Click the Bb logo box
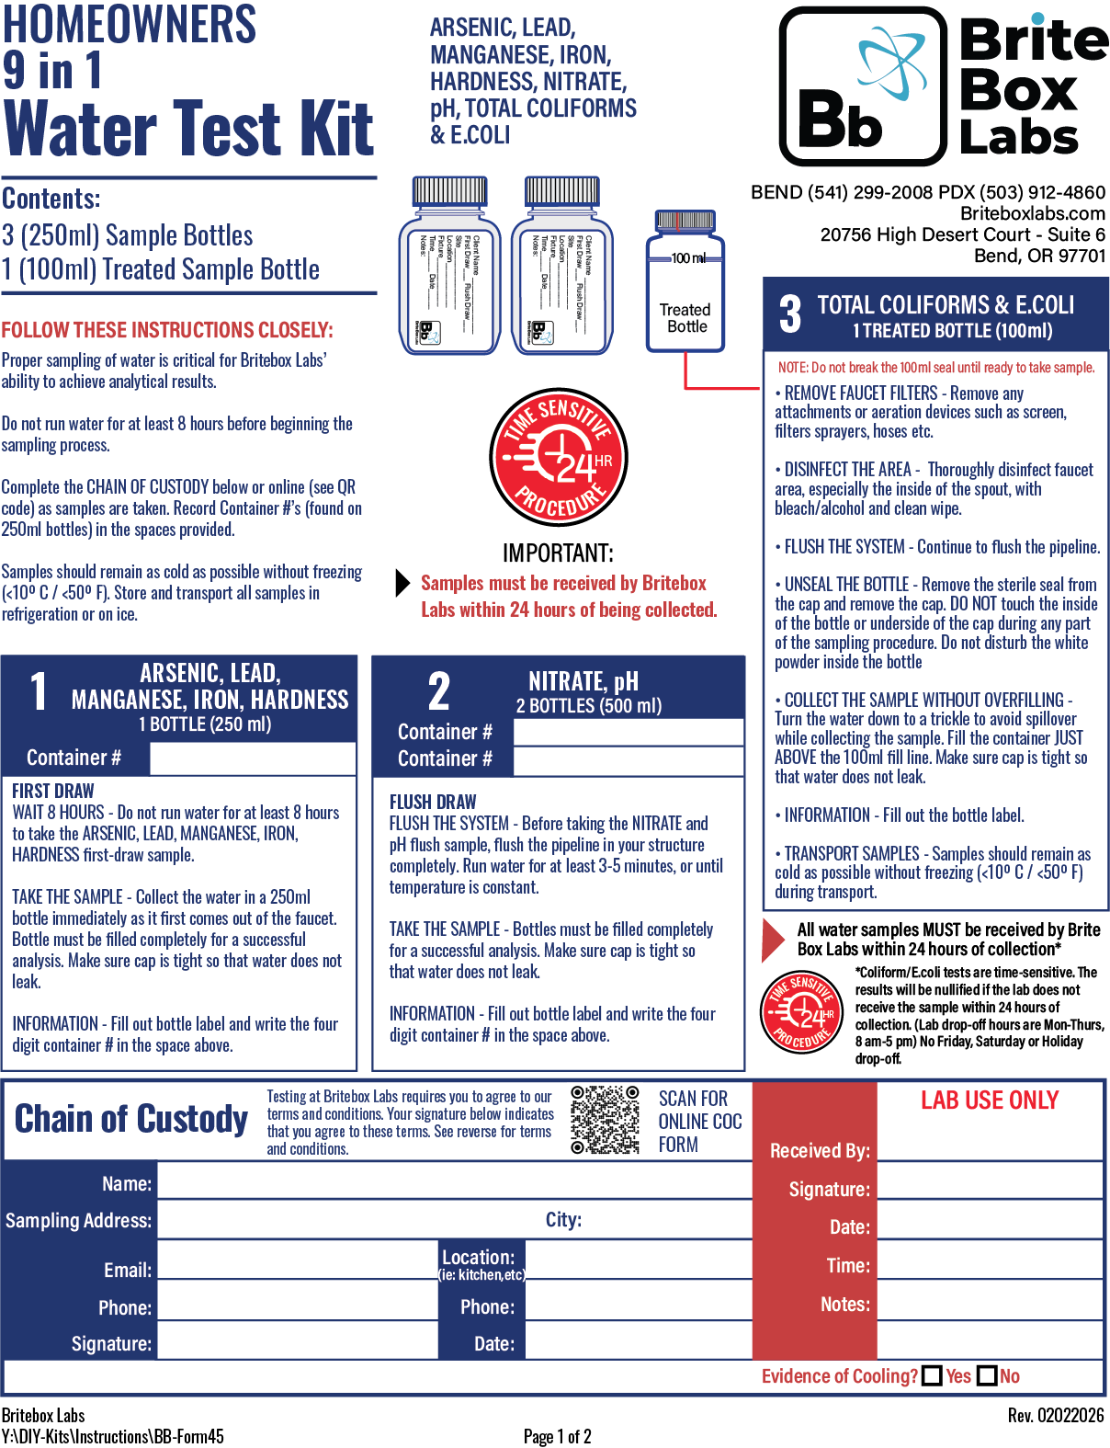[x=862, y=86]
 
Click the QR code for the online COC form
[x=605, y=1119]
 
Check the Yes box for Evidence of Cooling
[x=932, y=1375]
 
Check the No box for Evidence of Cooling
[x=987, y=1375]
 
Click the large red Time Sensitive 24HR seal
[x=558, y=457]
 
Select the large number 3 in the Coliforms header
[x=790, y=314]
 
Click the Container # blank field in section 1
[x=253, y=758]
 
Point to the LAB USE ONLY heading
[x=990, y=1100]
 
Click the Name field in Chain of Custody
[x=455, y=1182]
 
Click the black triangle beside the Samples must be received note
[x=402, y=583]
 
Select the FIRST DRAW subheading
[x=53, y=791]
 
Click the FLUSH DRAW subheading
[x=433, y=802]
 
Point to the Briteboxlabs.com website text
[x=1033, y=213]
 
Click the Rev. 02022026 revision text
[x=1055, y=1415]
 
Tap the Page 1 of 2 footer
[x=557, y=1436]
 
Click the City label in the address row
[x=563, y=1219]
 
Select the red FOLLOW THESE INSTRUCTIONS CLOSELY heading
[x=167, y=330]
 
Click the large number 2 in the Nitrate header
[x=439, y=692]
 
